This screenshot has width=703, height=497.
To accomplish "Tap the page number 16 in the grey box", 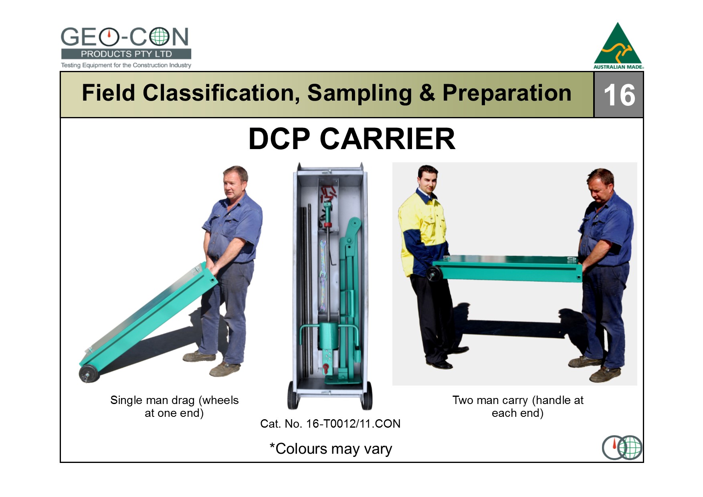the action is [619, 95].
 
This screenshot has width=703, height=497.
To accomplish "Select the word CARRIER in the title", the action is [388, 139].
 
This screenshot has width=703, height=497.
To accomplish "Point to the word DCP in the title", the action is [279, 139].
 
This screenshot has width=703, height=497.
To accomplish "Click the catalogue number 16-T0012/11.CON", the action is [353, 424].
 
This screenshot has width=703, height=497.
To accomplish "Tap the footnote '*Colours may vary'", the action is [331, 449].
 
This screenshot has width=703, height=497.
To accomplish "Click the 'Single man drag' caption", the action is [174, 406].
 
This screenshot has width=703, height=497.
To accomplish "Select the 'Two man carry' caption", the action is [518, 406].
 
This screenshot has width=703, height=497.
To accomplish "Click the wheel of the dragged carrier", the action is [89, 374].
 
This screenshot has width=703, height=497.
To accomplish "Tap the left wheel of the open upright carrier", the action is [293, 396].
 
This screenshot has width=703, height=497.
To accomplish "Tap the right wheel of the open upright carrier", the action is [367, 396].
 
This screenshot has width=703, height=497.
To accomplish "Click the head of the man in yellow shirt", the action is [428, 179].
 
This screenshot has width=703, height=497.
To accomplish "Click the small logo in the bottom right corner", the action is [622, 448].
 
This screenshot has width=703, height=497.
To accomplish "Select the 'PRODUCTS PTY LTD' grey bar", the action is [126, 54].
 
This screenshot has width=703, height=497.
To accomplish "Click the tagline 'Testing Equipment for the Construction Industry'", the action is [126, 65].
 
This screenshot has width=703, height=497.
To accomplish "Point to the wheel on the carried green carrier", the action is [435, 274].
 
